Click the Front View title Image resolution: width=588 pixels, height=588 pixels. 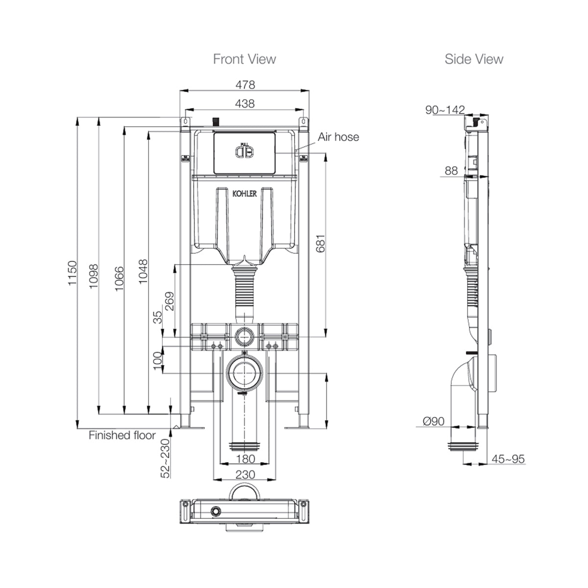245,59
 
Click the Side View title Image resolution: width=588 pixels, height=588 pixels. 473,59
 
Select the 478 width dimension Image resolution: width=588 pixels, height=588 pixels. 245,85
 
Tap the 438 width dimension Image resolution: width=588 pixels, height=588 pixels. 245,103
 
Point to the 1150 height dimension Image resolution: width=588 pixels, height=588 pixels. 73,273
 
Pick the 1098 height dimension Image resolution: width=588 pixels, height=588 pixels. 94,276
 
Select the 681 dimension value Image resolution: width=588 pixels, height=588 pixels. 320,244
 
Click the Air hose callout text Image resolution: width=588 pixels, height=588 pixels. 338,137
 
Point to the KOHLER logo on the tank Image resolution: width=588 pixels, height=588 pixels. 245,194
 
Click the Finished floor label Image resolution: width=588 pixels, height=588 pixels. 122,435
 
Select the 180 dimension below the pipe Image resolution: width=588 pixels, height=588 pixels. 245,459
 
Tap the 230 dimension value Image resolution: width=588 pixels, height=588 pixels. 245,474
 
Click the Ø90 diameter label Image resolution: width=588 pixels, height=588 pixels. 433,421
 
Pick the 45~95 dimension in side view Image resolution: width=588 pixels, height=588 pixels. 508,459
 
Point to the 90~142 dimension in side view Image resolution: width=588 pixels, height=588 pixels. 444,110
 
